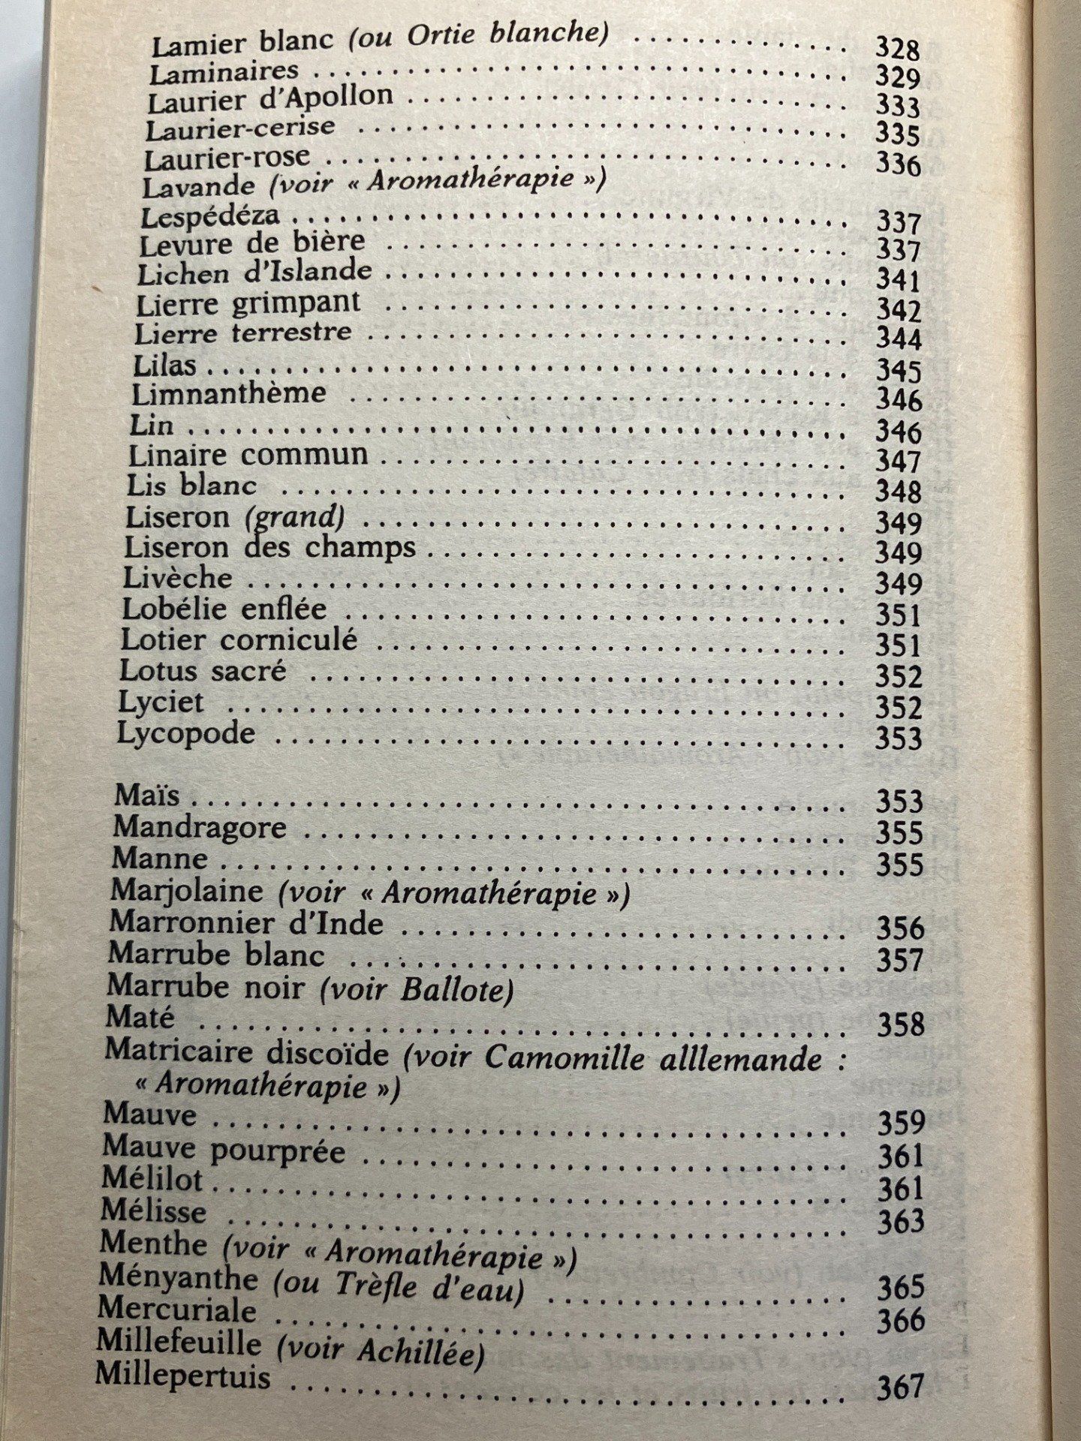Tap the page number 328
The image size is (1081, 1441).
click(898, 50)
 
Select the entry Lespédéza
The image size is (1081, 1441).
click(210, 216)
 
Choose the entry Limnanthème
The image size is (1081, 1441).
click(229, 393)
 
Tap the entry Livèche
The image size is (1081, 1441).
click(177, 578)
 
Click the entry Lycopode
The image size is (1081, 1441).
click(186, 733)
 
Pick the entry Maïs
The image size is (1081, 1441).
click(147, 795)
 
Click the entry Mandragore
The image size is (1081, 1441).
click(200, 827)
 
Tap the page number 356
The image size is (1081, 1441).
click(899, 928)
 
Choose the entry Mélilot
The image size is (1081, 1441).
click(152, 1180)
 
